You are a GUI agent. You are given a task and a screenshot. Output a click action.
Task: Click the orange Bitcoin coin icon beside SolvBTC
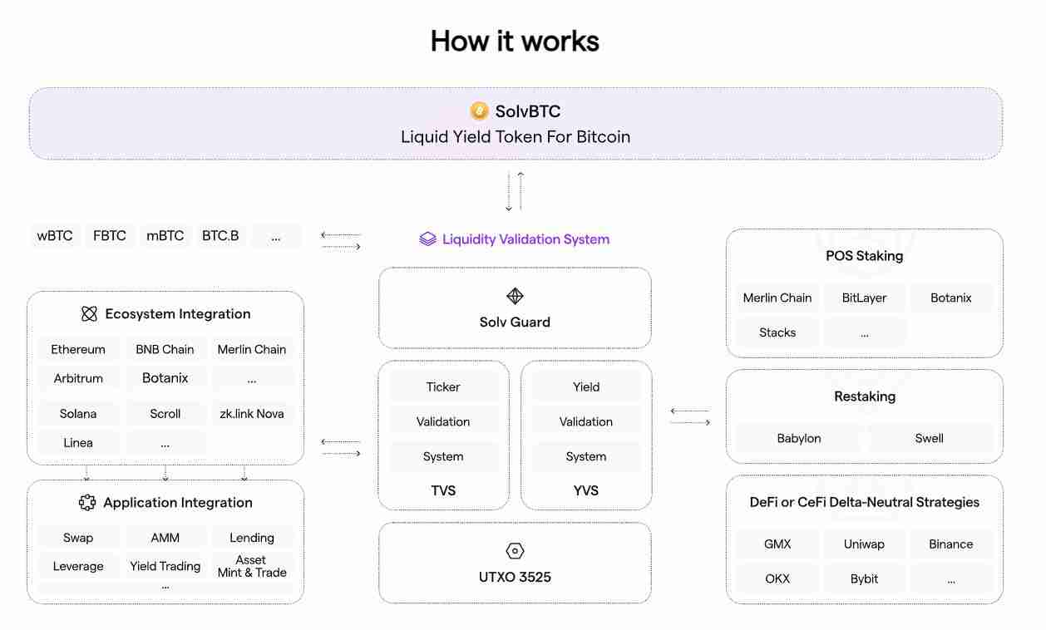point(479,111)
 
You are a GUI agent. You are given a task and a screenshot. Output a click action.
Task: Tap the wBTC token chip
point(55,236)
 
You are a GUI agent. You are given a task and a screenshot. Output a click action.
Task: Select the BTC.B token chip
point(220,236)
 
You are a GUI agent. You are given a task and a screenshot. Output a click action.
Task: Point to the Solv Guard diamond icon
point(515,297)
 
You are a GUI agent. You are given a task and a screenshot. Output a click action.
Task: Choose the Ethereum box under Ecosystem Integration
point(78,349)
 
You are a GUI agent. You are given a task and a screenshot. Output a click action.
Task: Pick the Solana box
point(78,413)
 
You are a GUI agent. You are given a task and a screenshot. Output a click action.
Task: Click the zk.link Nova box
point(252,413)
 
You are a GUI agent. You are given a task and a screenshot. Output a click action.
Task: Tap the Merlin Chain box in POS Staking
point(777,298)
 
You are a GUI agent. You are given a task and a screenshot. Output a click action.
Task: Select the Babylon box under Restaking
point(799,438)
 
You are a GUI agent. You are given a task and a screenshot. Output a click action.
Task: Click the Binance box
point(951,544)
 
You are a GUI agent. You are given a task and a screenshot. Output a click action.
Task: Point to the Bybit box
point(865,578)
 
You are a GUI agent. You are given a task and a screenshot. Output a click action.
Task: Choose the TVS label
point(443,490)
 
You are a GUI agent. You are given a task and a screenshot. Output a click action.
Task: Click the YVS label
point(586,490)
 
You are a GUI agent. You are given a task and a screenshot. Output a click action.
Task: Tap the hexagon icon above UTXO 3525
point(515,551)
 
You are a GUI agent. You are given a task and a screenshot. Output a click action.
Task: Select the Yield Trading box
point(165,566)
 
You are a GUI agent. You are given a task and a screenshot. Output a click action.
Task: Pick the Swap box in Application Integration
point(78,538)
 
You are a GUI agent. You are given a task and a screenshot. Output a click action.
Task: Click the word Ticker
point(443,386)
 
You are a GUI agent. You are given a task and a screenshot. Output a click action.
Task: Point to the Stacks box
point(777,332)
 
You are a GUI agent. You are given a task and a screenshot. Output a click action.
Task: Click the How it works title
point(515,41)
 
